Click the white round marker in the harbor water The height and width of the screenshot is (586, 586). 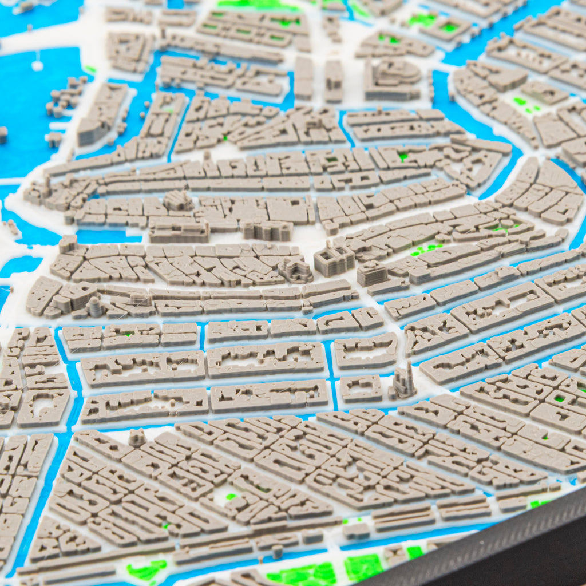click(x=37, y=65)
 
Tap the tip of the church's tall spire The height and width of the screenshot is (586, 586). click(x=409, y=364)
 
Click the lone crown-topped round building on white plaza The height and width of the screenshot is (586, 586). click(x=137, y=438)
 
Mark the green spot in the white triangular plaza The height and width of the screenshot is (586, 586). click(x=231, y=497)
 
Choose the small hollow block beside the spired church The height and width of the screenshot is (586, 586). click(x=361, y=389)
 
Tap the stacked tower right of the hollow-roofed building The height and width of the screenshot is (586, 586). click(x=372, y=274)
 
